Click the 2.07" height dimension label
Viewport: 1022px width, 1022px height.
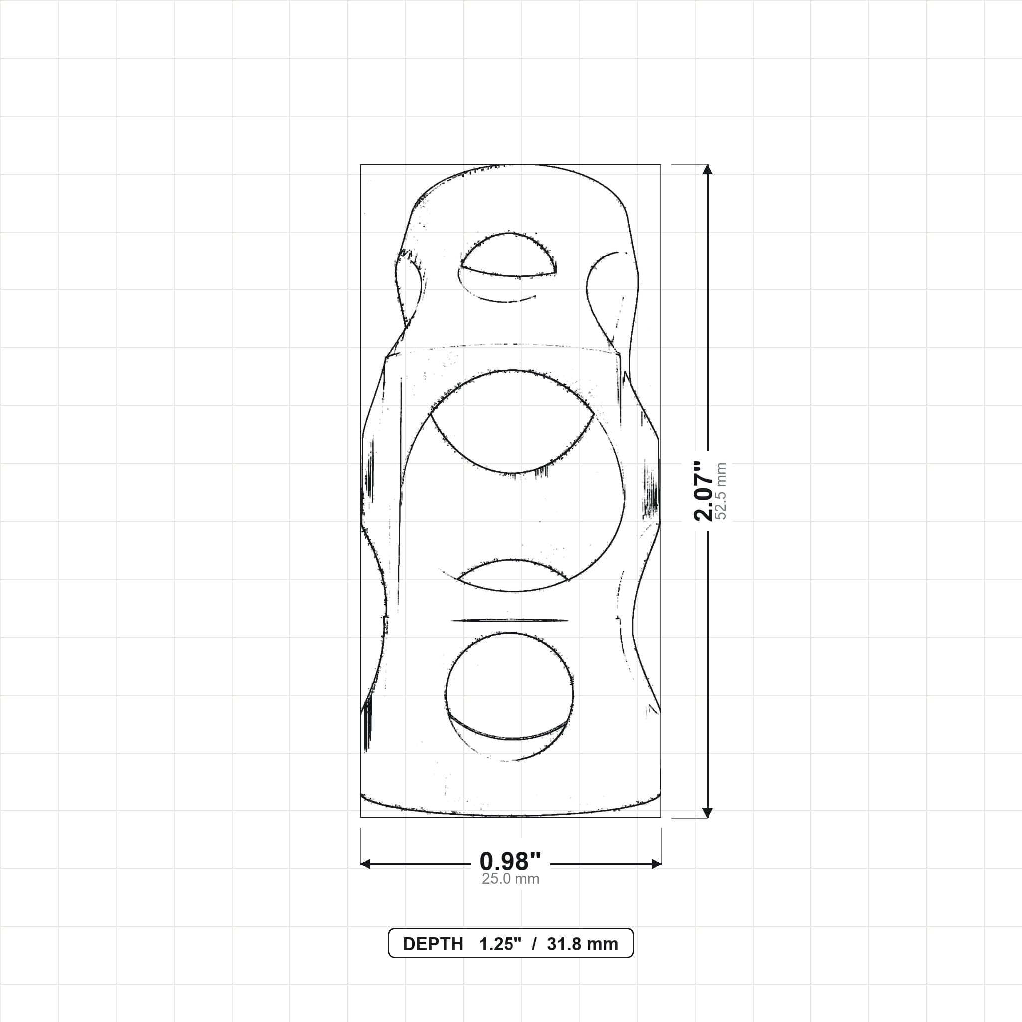click(x=704, y=491)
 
